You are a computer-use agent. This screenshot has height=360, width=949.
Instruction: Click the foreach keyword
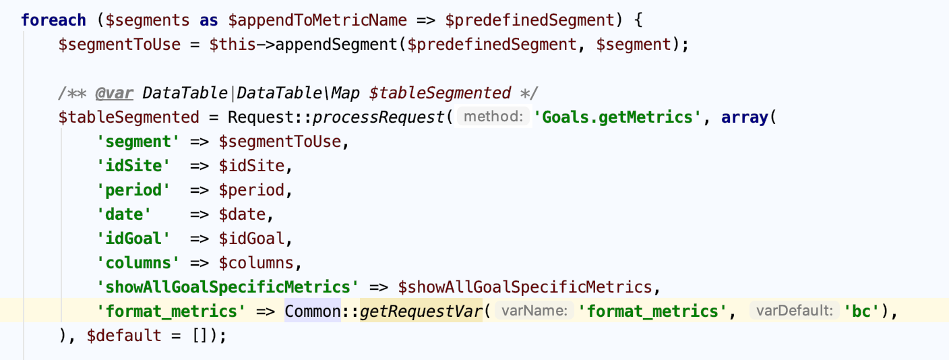click(53, 20)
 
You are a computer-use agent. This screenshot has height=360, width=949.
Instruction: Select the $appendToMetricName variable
click(317, 20)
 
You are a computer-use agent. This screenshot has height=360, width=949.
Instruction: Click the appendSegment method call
click(336, 44)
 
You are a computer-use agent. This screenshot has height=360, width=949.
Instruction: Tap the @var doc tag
click(115, 93)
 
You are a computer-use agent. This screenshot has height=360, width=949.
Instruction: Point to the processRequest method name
click(378, 117)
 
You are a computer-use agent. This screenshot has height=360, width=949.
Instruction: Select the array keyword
click(745, 117)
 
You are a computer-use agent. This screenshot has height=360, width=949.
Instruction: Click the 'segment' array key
click(138, 142)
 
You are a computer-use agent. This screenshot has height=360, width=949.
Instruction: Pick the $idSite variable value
click(251, 166)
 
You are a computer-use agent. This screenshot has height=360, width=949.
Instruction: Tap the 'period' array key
click(133, 190)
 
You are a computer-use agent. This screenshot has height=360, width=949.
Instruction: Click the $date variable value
click(242, 214)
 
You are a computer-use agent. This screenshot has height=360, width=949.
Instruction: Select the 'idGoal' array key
click(133, 239)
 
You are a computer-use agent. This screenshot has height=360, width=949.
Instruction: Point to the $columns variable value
click(256, 263)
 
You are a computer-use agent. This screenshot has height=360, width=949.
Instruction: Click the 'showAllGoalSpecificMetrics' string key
click(228, 287)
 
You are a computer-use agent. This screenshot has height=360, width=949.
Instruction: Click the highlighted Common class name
click(313, 311)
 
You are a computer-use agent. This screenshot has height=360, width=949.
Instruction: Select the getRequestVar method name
click(421, 311)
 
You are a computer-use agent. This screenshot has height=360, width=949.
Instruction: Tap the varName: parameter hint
click(534, 311)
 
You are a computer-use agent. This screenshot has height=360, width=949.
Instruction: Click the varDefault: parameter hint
click(795, 311)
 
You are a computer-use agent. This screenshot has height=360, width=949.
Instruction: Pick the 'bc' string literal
click(861, 311)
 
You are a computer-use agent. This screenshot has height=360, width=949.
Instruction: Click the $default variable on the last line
click(124, 336)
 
